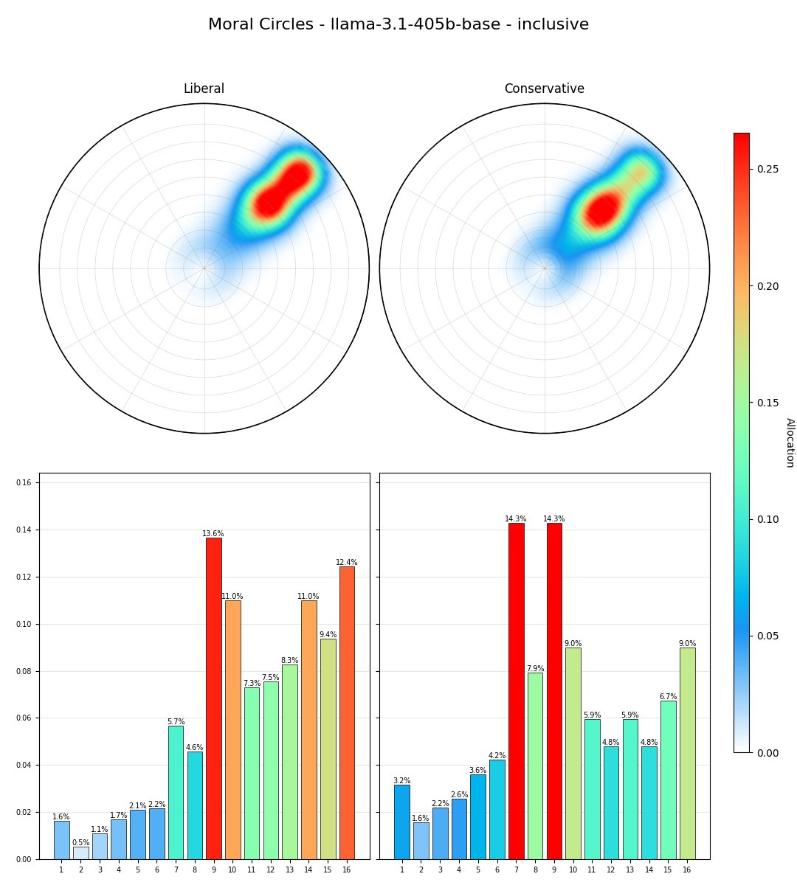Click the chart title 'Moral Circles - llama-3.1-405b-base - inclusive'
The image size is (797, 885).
tap(398, 24)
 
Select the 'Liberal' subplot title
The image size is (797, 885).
tap(204, 89)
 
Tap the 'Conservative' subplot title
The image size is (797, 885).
tap(544, 89)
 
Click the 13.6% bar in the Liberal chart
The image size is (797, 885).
tap(213, 698)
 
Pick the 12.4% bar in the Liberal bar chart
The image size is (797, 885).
tap(347, 712)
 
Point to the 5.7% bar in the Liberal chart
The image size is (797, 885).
tap(176, 792)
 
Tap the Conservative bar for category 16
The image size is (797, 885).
tap(687, 753)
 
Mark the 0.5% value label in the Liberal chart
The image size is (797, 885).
tap(80, 843)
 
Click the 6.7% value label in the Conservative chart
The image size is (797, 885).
tap(668, 697)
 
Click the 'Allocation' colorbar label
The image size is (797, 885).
tap(790, 442)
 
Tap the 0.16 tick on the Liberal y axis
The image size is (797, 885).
tap(25, 482)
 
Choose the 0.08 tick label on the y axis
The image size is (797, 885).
tap(25, 671)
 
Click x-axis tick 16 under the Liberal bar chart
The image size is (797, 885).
tap(347, 870)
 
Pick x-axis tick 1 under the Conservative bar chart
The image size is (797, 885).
tap(401, 870)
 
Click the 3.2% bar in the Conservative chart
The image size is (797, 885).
tap(401, 822)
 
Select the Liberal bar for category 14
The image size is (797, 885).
tap(308, 729)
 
